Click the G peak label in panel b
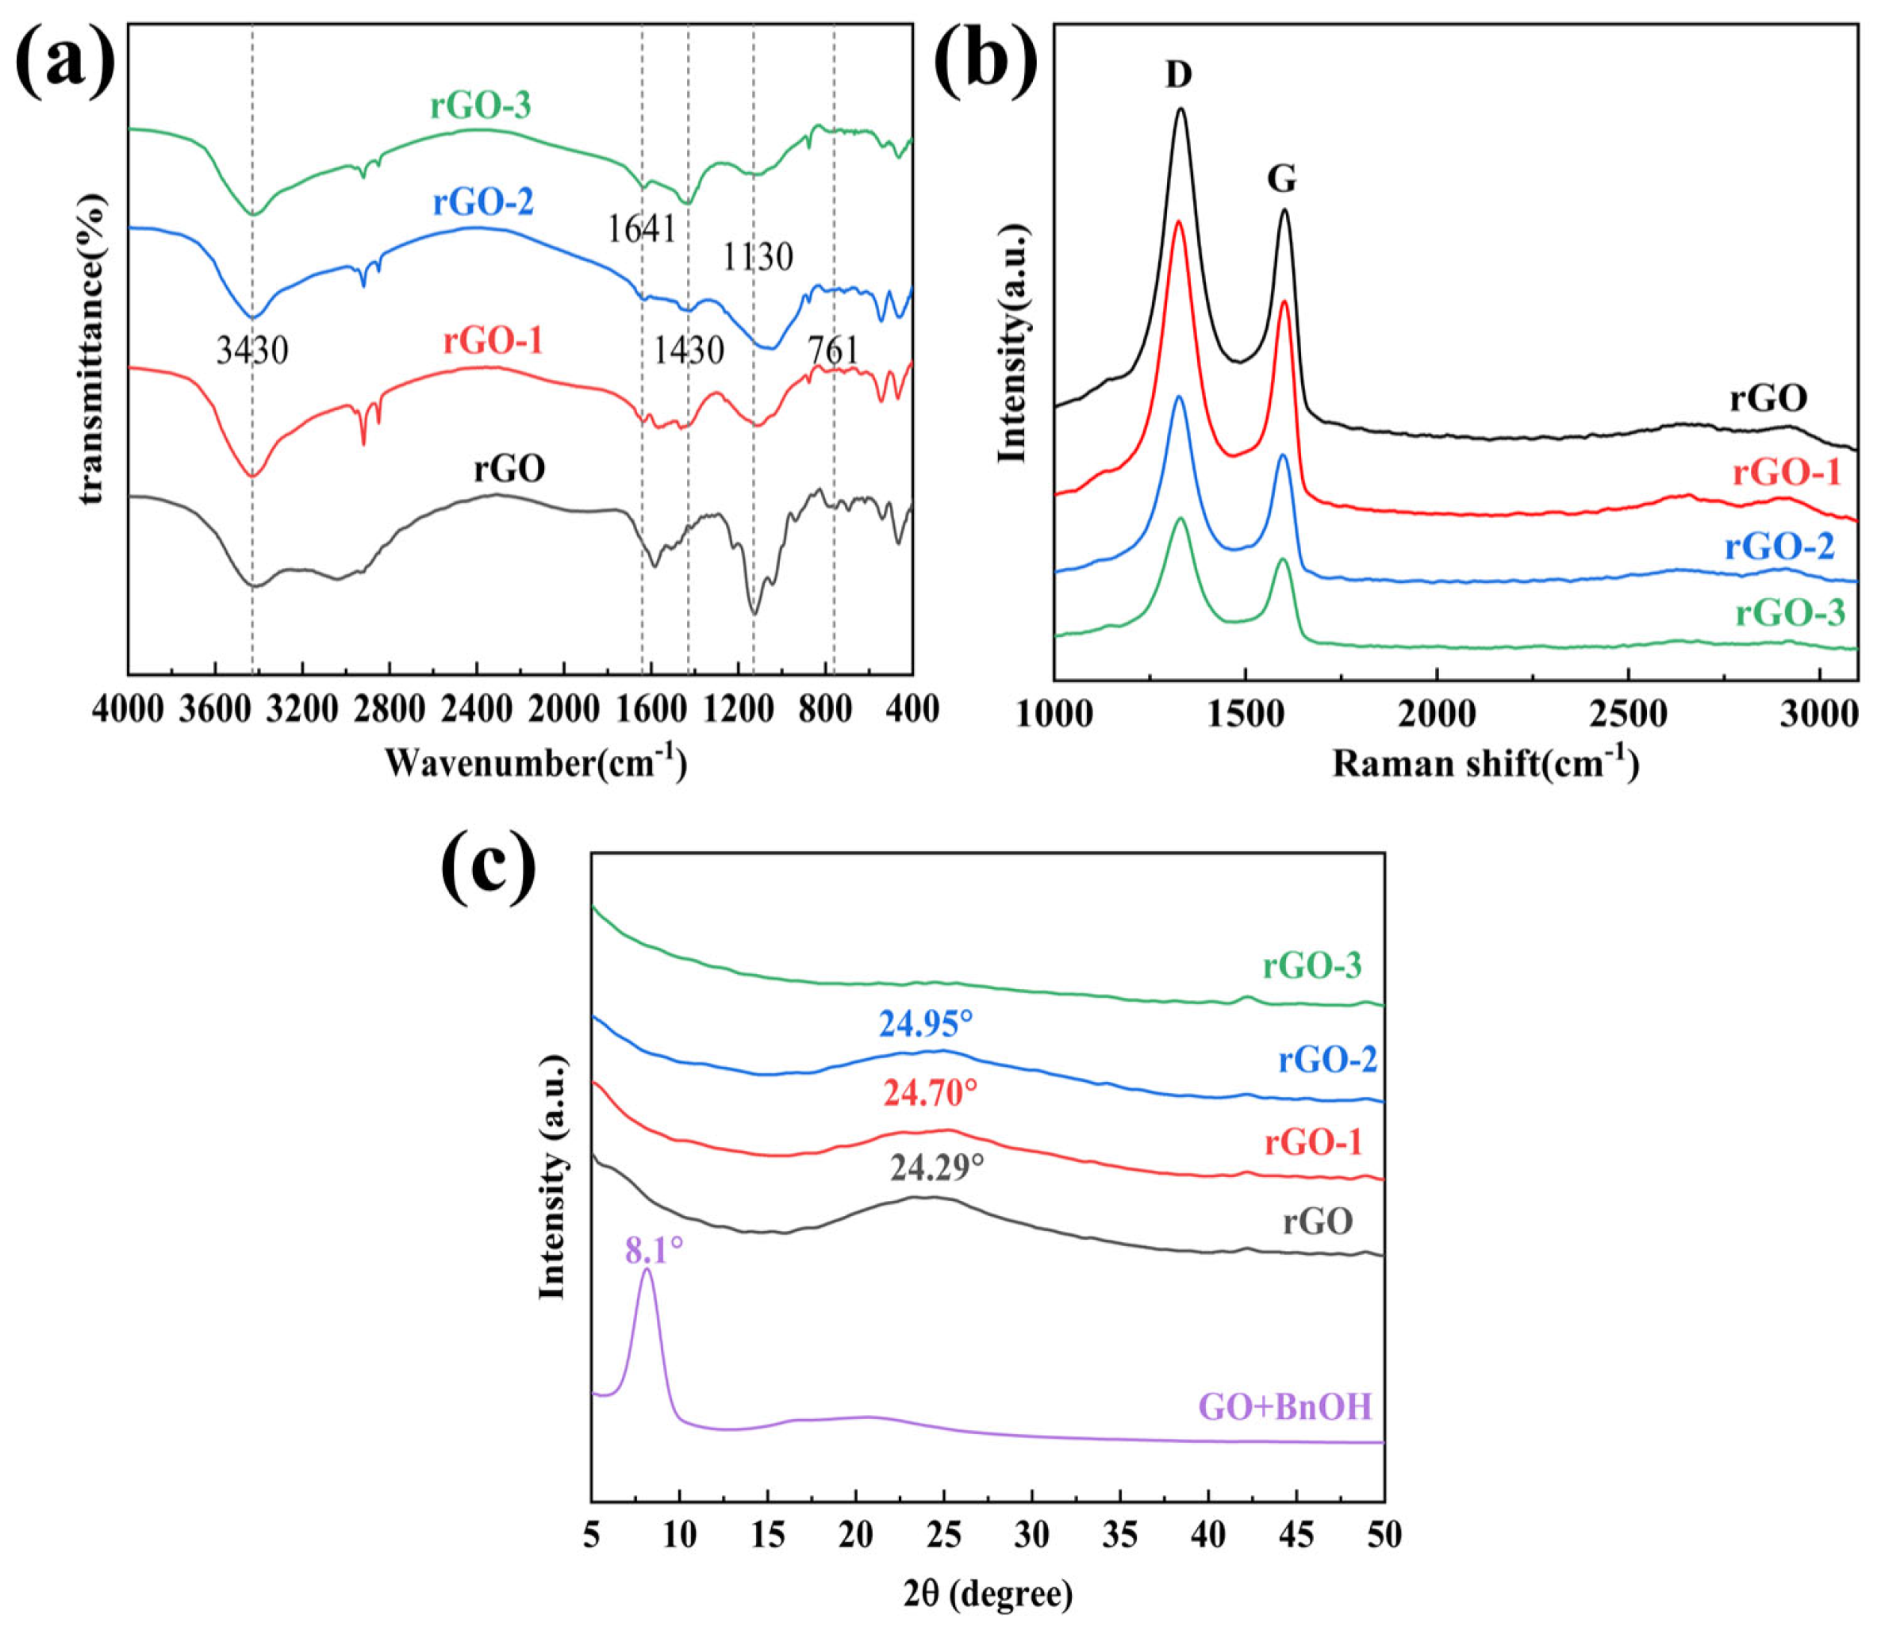click(1280, 180)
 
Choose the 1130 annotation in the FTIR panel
click(758, 258)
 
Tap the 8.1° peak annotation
click(653, 1252)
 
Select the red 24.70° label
click(930, 1093)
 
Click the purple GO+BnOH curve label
click(1284, 1408)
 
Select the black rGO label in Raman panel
click(1768, 398)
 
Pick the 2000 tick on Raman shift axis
click(1436, 715)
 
